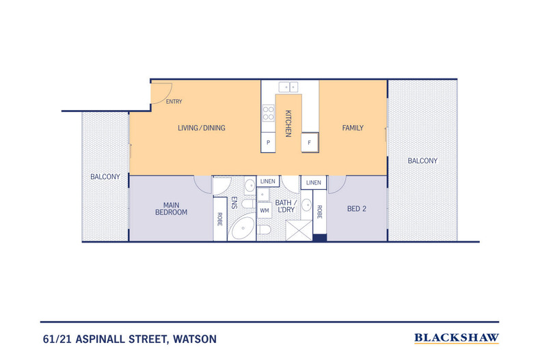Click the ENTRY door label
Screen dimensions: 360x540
(x=174, y=102)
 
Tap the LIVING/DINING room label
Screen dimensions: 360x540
(x=201, y=128)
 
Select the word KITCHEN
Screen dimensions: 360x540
(x=288, y=123)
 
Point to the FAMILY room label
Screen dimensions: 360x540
(x=353, y=128)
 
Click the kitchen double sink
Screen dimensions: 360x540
(x=288, y=87)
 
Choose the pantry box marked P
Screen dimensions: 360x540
(x=268, y=143)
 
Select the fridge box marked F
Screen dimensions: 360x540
(x=310, y=142)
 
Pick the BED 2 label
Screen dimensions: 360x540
(x=357, y=209)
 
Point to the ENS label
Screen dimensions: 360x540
(x=234, y=203)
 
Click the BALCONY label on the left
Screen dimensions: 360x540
(x=105, y=177)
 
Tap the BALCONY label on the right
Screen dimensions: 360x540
(x=422, y=161)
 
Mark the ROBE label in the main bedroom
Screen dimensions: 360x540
(x=220, y=219)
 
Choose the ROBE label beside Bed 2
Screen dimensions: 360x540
(x=319, y=212)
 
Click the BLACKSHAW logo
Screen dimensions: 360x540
(x=457, y=338)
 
